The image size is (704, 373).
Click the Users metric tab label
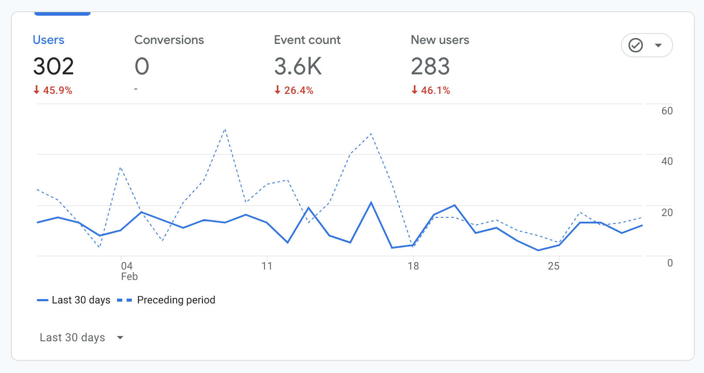49,40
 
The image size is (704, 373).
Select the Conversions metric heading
169,40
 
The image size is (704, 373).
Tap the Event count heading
307,40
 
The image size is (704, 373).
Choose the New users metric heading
440,40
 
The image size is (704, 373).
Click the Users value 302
54,67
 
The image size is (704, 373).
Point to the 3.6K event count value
298,67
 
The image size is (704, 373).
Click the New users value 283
430,67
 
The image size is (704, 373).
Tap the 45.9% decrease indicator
53,90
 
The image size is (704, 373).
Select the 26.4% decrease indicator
294,90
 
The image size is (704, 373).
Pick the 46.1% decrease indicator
431,90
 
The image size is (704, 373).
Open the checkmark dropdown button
647,45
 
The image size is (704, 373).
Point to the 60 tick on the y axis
667,111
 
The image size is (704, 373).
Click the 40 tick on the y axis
667,162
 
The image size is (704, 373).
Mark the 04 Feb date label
128,271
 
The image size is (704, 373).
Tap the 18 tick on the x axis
413,266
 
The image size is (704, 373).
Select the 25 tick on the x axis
553,266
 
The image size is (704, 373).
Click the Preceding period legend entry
167,300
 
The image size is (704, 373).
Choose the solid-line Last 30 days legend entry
74,300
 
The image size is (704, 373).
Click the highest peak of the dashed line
225,130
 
